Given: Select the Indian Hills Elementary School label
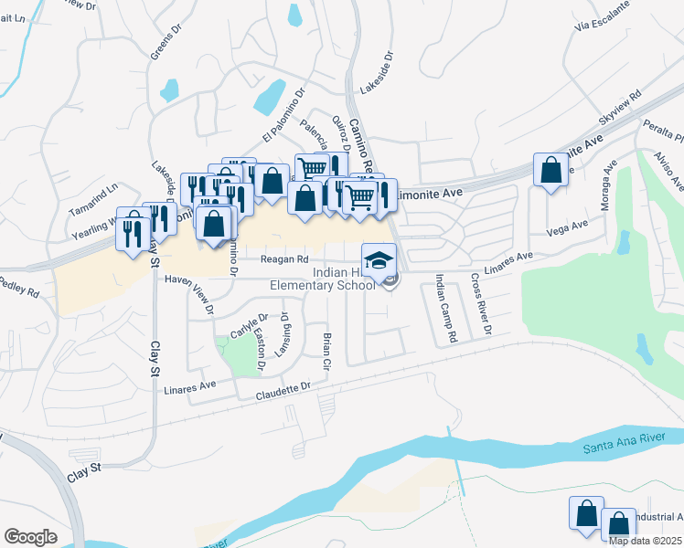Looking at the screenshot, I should (323, 279).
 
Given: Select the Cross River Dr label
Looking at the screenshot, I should (481, 303).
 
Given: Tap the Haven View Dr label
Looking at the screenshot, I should (201, 298).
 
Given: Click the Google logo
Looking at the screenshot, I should (30, 536).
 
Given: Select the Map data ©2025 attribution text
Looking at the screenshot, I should (646, 541).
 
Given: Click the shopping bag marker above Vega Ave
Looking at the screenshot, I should (550, 171).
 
